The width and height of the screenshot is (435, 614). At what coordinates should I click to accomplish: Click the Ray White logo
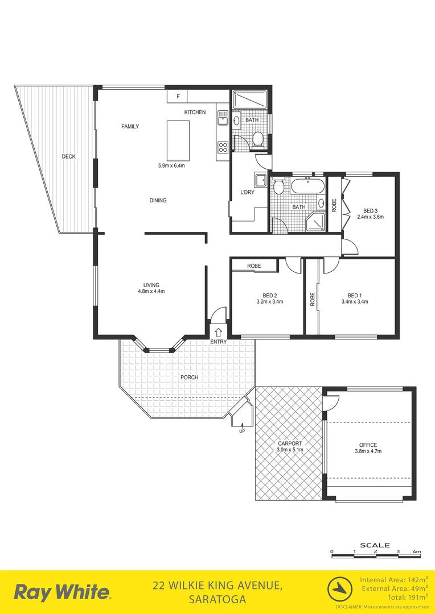(x=62, y=592)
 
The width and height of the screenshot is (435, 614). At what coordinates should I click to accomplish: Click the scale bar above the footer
(x=375, y=551)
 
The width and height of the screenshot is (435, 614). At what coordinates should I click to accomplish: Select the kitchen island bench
(x=177, y=140)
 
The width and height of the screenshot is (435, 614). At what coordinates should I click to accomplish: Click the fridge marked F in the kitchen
(x=178, y=97)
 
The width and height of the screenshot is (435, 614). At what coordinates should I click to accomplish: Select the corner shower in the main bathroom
(x=317, y=222)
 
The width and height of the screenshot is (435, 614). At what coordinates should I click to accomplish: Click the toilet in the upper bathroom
(x=257, y=139)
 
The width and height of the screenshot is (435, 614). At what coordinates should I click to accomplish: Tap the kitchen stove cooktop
(x=223, y=148)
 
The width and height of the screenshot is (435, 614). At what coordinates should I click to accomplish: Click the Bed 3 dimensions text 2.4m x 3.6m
(x=370, y=217)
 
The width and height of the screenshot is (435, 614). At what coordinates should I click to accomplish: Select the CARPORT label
(x=290, y=444)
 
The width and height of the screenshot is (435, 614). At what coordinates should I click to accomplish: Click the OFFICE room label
(x=368, y=445)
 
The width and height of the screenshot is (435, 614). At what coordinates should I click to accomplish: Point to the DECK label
(x=69, y=156)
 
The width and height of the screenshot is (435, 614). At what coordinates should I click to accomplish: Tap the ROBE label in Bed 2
(x=254, y=265)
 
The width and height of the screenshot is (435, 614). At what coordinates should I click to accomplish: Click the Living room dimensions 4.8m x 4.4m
(x=151, y=291)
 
